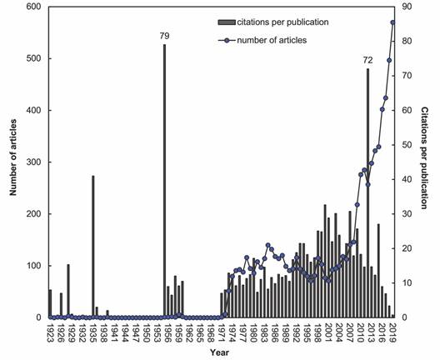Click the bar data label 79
click(164, 36)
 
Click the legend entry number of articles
click(263, 39)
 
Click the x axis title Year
click(220, 353)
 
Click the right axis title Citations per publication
click(424, 162)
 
